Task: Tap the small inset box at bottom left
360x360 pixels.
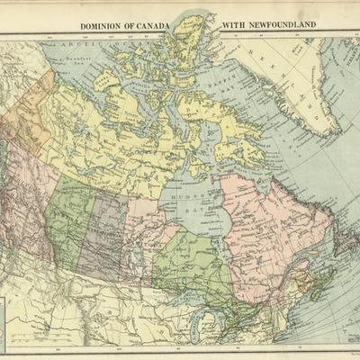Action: coord(7,319)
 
